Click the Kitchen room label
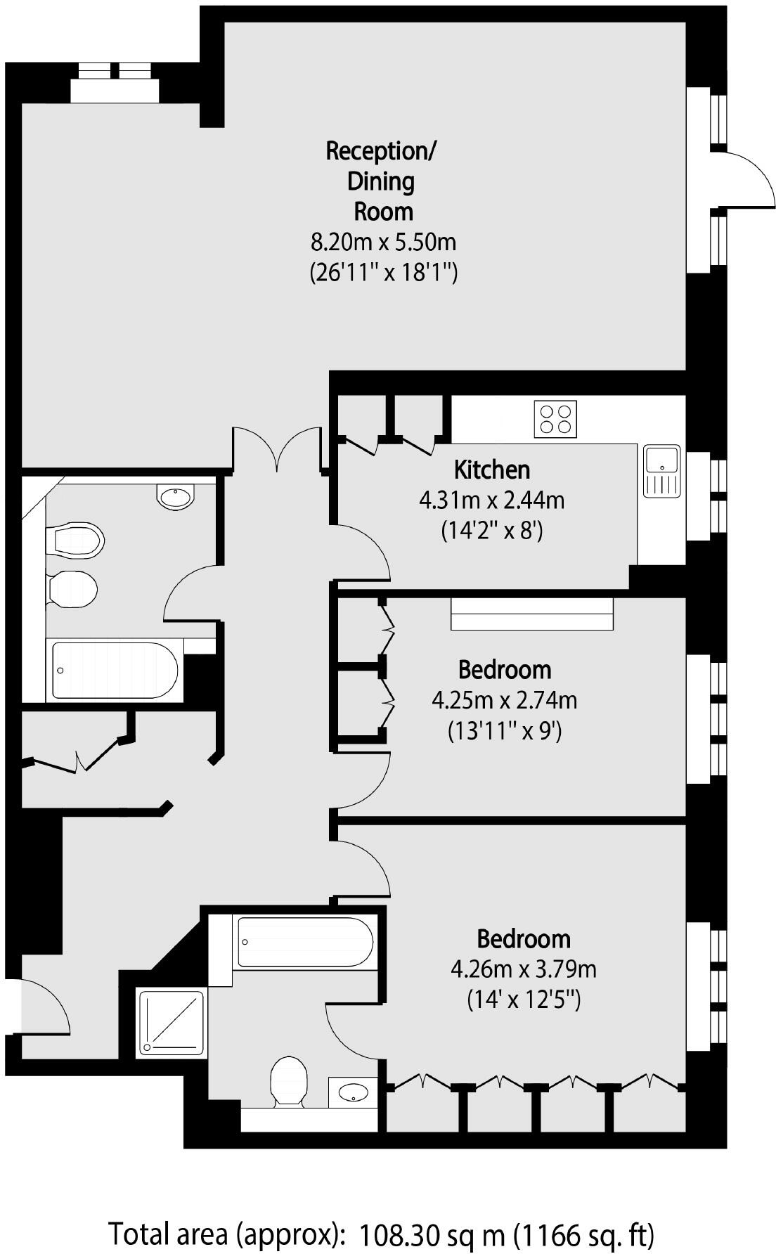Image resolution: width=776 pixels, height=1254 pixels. (491, 469)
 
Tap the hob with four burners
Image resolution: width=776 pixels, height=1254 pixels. (555, 419)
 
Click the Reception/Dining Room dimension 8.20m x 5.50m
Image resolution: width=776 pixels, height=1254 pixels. (383, 243)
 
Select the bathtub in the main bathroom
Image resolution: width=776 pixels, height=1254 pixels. (115, 671)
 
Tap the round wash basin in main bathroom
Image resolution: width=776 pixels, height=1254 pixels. (174, 497)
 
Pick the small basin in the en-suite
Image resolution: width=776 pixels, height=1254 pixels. (353, 1092)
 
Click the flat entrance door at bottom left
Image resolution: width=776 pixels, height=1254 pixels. (46, 1007)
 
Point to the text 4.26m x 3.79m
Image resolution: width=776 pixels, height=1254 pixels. (523, 970)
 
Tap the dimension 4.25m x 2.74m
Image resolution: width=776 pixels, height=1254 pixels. (504, 701)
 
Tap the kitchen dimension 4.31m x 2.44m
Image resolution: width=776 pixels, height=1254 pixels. (491, 500)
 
